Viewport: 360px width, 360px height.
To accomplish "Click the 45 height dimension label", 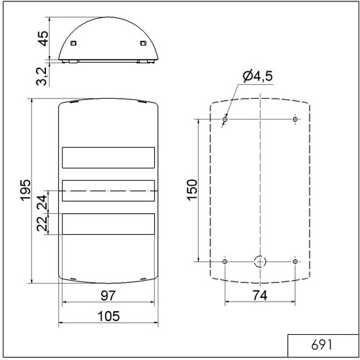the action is (43, 38).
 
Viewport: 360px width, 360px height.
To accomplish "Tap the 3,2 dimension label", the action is (42, 76).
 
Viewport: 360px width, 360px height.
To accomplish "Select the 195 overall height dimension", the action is (25, 190).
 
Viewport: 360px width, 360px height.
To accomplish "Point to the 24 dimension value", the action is (42, 202).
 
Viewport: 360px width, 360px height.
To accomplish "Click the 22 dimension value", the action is (42, 223).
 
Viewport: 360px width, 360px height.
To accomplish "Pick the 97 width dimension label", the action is (108, 295).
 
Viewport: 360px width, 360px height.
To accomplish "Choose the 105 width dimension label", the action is (109, 316).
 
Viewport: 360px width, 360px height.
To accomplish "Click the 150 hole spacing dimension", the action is (192, 190).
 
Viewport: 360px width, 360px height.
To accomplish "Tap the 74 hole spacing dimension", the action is (260, 295).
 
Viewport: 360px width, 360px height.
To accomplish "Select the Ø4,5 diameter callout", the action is (258, 76).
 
